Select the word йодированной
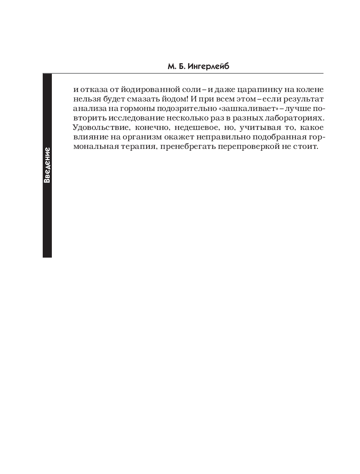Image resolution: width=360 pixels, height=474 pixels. pyautogui.click(x=143, y=90)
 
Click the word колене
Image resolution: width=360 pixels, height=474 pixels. pyautogui.click(x=309, y=90)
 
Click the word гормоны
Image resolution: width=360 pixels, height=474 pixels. pyautogui.click(x=141, y=109)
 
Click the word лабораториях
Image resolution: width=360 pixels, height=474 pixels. pyautogui.click(x=296, y=118)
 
